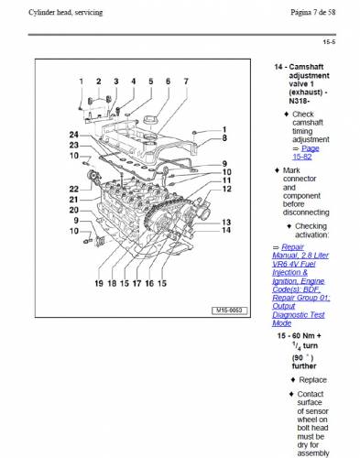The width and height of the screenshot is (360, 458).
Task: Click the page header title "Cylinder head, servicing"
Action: (66, 13)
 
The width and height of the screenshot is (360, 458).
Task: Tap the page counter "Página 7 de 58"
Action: (313, 13)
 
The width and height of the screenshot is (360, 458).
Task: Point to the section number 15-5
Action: (329, 42)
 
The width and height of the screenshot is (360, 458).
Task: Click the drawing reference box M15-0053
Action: (229, 311)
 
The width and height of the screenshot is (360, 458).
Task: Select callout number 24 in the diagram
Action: (74, 135)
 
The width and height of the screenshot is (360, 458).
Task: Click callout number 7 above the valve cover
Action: (186, 82)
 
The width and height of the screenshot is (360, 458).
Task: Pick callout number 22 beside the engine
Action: (74, 189)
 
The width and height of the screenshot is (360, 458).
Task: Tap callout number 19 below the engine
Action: (99, 283)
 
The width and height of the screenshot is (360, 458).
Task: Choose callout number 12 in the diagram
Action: (226, 189)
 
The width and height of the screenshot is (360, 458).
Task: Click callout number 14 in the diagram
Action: (226, 230)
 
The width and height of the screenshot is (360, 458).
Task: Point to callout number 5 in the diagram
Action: (151, 82)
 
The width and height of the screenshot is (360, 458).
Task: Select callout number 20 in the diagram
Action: (74, 210)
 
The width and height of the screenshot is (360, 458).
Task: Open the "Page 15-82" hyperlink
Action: (306, 152)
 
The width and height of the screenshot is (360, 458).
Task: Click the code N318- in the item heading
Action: (300, 101)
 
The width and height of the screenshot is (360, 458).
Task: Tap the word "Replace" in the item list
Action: (312, 380)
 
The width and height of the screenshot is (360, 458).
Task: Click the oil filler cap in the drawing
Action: (151, 120)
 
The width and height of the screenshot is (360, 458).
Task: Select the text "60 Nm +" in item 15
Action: (307, 335)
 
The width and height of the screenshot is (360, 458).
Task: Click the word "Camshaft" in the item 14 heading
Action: (306, 67)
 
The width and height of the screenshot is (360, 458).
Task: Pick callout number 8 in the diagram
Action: (224, 138)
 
